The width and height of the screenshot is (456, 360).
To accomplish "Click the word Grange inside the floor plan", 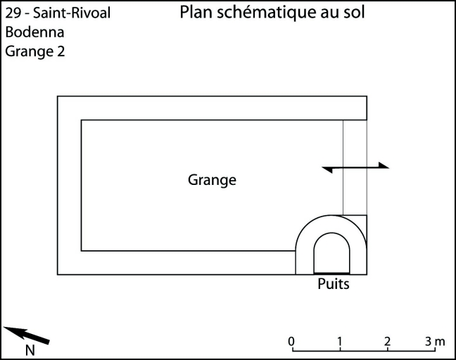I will point(212,180).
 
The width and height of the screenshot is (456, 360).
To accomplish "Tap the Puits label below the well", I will point(333,284).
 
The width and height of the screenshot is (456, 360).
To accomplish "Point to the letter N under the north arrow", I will point(30,349).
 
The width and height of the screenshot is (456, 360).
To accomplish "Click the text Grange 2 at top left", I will point(35,51).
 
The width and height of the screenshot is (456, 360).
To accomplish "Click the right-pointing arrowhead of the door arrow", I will point(383,166).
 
